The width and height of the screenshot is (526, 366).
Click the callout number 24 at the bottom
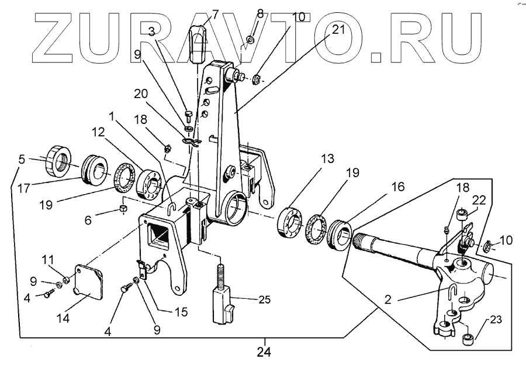264,353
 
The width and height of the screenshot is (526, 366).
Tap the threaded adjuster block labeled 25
223,301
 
